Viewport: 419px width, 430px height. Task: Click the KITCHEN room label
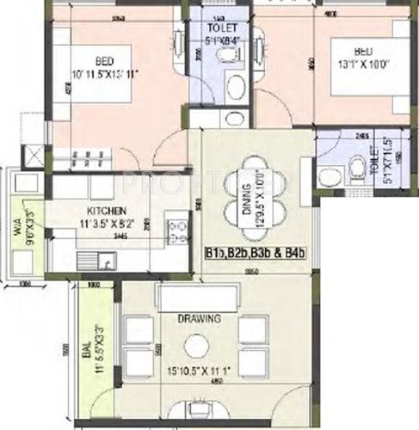pyautogui.click(x=107, y=211)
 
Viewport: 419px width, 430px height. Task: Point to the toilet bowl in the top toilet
pyautogui.click(x=226, y=57)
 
